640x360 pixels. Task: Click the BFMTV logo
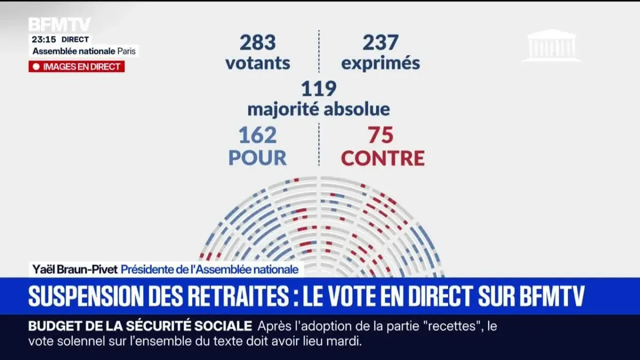pyautogui.click(x=59, y=25)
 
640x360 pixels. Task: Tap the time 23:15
pyautogui.click(x=43, y=39)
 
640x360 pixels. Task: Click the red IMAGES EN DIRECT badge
pyautogui.click(x=76, y=67)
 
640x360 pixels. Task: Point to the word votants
pyautogui.click(x=258, y=63)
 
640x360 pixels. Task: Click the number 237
pyautogui.click(x=380, y=43)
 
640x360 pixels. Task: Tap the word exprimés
pyautogui.click(x=380, y=63)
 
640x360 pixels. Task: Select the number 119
pyautogui.click(x=318, y=89)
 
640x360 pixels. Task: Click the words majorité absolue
pyautogui.click(x=318, y=109)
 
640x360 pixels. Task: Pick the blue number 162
pyautogui.click(x=258, y=135)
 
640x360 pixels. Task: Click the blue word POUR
pyautogui.click(x=258, y=157)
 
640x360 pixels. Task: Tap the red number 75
pyautogui.click(x=380, y=135)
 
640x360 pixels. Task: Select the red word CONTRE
pyautogui.click(x=382, y=157)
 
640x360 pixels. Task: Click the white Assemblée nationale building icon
pyautogui.click(x=551, y=45)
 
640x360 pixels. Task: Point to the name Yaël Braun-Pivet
pyautogui.click(x=73, y=269)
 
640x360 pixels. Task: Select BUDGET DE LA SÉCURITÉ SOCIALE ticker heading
pyautogui.click(x=140, y=326)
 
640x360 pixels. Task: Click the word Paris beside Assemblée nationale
pyautogui.click(x=127, y=51)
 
